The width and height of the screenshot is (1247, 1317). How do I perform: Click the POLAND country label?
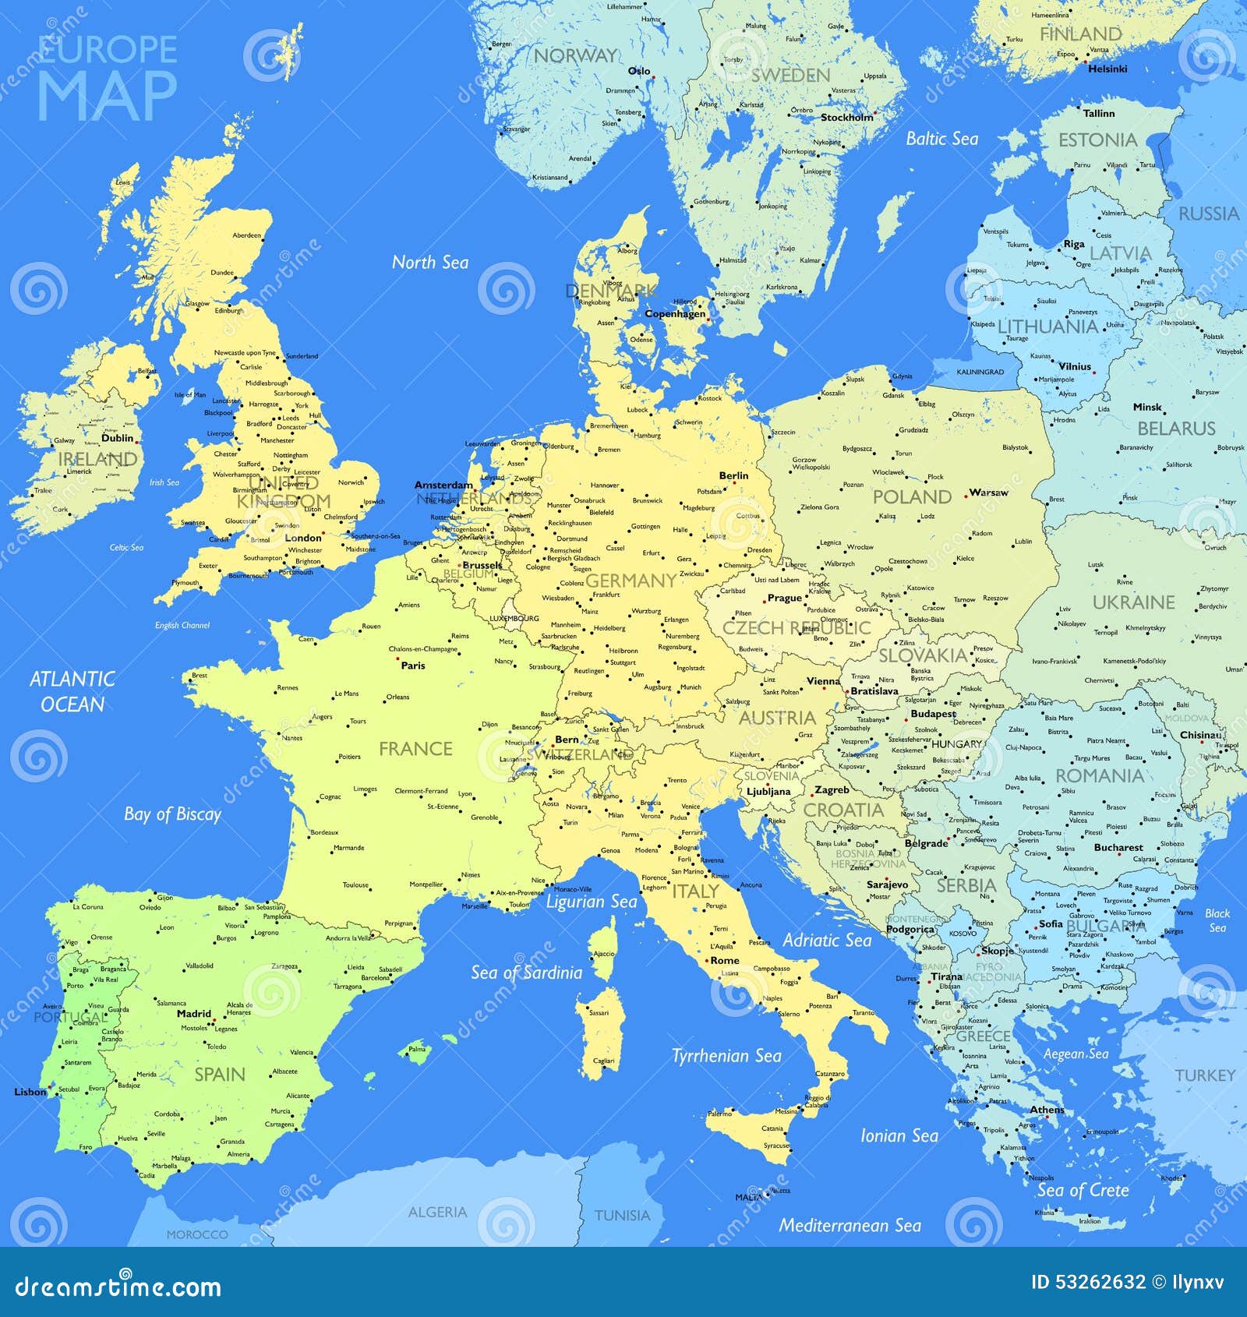912,497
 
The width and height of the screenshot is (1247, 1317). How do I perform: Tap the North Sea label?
429,263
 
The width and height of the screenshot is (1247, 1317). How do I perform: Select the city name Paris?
413,666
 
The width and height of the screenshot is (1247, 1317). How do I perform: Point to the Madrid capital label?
194,1014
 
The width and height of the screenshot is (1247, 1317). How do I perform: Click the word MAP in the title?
107,97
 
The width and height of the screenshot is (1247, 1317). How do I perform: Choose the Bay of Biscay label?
172,814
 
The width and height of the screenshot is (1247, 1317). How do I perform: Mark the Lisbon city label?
30,1092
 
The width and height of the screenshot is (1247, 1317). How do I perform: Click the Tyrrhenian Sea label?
726,1056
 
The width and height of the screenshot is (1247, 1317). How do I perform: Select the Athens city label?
1047,1110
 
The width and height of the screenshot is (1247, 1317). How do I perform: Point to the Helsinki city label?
1107,69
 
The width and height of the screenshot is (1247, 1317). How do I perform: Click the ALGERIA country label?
437,1212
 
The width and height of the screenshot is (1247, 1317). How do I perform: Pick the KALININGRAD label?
980,372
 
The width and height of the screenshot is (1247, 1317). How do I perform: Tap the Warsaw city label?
988,493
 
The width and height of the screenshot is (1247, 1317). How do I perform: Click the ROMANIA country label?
1100,775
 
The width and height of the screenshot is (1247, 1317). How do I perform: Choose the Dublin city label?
118,438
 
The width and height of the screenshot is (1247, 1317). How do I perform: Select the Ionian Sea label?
899,1136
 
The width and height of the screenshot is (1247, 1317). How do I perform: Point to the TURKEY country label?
1205,1075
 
